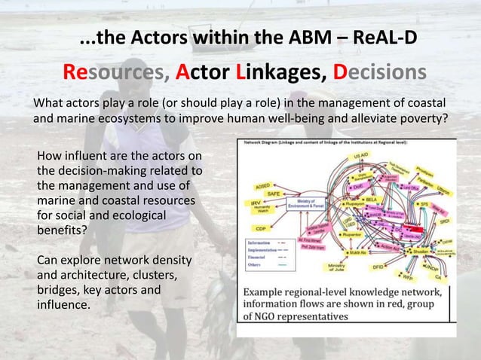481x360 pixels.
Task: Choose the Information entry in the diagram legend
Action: point(260,243)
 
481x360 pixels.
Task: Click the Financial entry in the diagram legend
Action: point(258,258)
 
